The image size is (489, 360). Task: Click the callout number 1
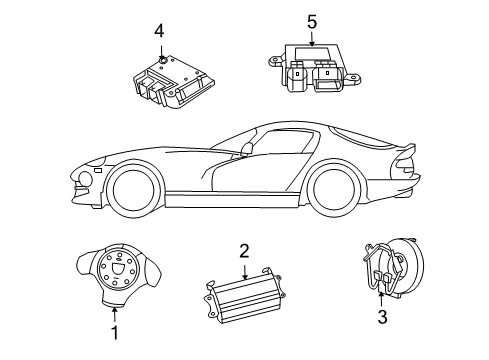[x=115, y=334]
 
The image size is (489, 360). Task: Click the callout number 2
[x=244, y=252]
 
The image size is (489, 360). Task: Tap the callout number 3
[x=381, y=319]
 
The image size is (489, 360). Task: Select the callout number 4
[x=158, y=31]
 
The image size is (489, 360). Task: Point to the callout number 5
[x=311, y=20]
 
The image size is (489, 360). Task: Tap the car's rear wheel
[x=337, y=187]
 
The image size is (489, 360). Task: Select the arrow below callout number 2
[x=244, y=272]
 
